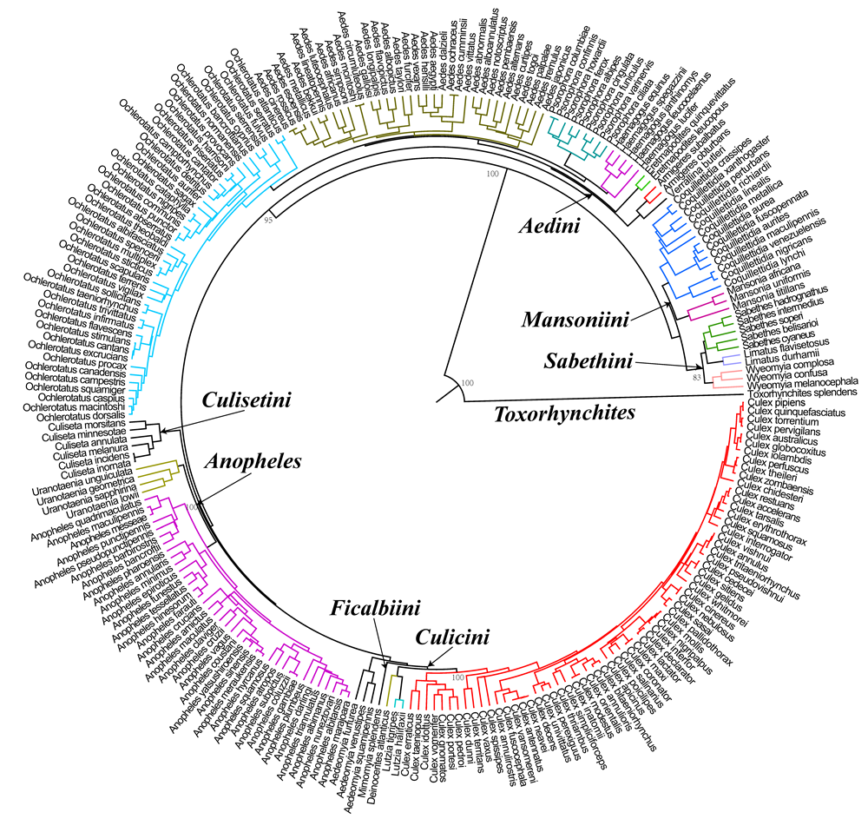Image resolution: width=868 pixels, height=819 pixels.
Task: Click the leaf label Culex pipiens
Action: tap(777, 404)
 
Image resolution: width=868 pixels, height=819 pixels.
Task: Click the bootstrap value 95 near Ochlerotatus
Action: tap(268, 221)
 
